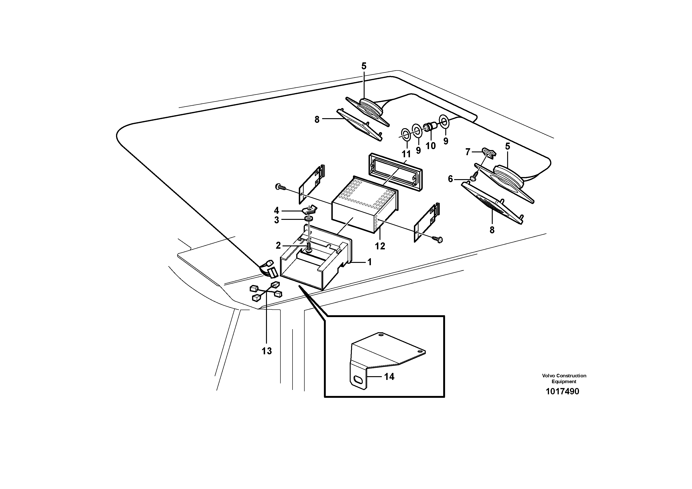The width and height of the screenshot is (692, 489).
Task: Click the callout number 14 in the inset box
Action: [389, 377]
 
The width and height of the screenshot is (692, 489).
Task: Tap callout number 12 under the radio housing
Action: [380, 246]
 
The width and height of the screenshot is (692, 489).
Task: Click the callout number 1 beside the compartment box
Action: [369, 262]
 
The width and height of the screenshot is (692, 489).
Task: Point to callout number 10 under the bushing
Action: [430, 146]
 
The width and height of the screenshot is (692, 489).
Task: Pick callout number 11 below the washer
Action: [406, 154]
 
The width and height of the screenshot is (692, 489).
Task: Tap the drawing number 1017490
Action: [562, 392]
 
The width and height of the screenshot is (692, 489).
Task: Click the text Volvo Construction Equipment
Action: [564, 378]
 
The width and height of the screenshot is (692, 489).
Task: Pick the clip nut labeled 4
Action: [309, 209]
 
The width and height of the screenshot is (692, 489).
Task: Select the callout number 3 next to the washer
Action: [276, 220]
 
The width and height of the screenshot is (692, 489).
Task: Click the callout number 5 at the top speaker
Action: [364, 66]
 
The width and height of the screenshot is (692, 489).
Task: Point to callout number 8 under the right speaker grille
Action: [492, 230]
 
